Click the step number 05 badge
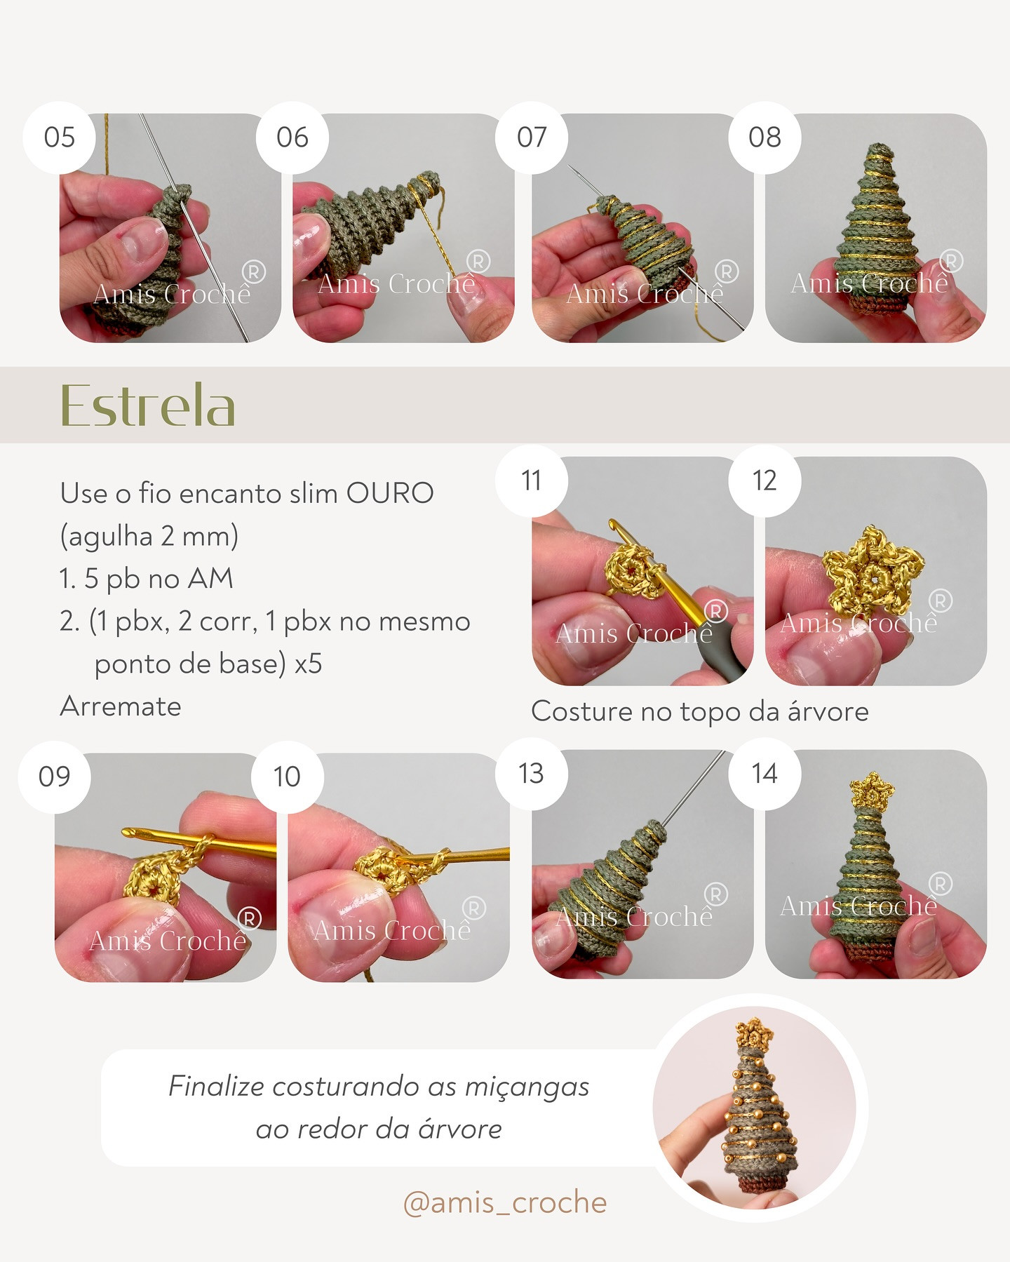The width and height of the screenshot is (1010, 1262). pos(59,137)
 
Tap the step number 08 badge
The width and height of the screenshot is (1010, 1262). pos(765,137)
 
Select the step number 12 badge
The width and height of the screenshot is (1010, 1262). pos(765,481)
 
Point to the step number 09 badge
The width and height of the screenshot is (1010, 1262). pos(55,777)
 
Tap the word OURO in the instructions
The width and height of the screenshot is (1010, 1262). pos(390,493)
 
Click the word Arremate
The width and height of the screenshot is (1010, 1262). pos(121,706)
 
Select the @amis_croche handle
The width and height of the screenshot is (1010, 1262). pos(505,1202)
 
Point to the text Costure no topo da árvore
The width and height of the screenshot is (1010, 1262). pos(699,711)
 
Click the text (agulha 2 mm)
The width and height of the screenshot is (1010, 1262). pos(149,536)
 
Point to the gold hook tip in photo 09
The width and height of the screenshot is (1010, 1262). pos(130,833)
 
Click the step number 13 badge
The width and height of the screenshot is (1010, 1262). pos(531,774)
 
